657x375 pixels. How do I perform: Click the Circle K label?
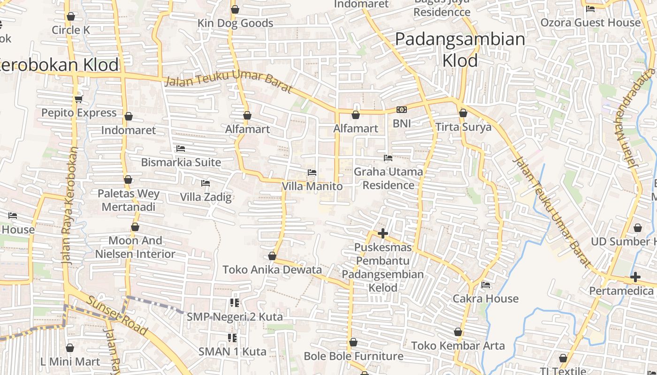click(71, 30)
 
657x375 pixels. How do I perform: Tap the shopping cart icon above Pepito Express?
click(78, 99)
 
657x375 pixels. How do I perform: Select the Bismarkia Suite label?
click(181, 162)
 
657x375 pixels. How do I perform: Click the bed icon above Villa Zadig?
click(205, 183)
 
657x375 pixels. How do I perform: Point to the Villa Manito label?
click(312, 186)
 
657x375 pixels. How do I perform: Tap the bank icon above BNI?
click(401, 110)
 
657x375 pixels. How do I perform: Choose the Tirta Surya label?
click(463, 127)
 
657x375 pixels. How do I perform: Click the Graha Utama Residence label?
click(388, 178)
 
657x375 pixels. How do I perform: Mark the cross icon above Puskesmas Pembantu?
click(383, 233)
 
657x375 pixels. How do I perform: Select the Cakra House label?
click(486, 299)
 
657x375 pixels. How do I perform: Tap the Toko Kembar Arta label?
click(458, 346)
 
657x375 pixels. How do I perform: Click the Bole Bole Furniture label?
click(353, 356)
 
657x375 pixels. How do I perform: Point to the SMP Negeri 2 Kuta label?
click(235, 317)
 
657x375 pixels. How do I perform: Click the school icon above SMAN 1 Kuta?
click(232, 337)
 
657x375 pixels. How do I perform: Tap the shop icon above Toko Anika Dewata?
click(272, 256)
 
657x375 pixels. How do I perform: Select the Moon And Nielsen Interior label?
click(135, 247)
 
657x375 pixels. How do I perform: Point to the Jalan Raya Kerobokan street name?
click(69, 206)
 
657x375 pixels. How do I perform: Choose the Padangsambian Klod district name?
click(460, 49)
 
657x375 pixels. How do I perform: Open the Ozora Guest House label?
click(590, 22)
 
